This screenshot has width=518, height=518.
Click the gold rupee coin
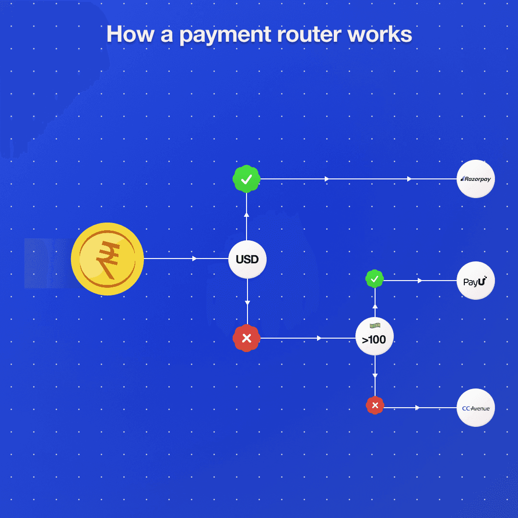(107, 259)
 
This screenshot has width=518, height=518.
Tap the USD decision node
(247, 259)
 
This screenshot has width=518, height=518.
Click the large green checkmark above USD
(247, 179)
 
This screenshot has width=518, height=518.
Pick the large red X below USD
(247, 339)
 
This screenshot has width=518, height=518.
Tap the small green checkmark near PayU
(375, 279)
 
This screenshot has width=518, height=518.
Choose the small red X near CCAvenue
(375, 406)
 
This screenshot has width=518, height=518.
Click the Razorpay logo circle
(475, 179)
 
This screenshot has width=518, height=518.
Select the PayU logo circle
(475, 281)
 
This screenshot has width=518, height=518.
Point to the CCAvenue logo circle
(475, 408)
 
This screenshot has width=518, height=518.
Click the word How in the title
(127, 35)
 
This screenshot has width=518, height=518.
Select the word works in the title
(386, 35)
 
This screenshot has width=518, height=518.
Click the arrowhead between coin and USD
(194, 259)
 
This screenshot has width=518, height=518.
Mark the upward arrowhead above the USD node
(247, 214)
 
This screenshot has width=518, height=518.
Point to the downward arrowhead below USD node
(247, 303)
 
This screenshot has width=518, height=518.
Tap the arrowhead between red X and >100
(319, 338)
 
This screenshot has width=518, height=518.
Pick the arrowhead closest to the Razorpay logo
(409, 179)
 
